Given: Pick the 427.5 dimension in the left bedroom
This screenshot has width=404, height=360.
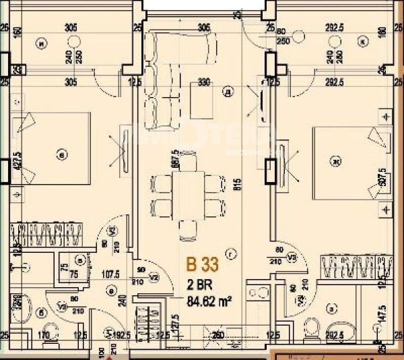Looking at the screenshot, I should (19, 161).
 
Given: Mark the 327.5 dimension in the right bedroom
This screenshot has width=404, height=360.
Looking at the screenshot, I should (382, 176).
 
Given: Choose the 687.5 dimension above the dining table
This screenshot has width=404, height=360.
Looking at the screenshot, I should (175, 158).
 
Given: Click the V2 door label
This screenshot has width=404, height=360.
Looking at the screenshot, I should (154, 277).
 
